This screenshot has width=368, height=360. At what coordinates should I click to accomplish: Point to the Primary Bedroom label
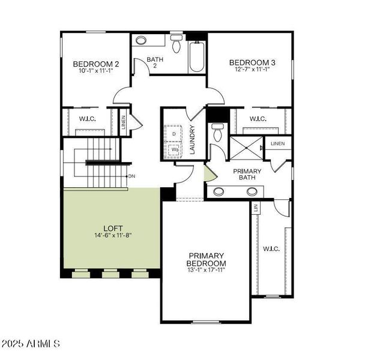point(206,260)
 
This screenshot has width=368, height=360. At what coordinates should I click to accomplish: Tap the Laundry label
point(193,140)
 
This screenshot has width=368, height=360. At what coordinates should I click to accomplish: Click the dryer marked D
point(174,133)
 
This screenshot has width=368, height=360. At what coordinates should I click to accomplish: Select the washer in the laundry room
point(174,149)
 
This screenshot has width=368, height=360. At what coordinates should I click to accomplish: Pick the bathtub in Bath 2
point(198,58)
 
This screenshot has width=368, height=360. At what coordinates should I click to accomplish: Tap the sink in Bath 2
point(141,41)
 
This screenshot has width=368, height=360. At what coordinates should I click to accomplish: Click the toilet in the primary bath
point(217,132)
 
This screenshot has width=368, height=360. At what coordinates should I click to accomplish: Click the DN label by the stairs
point(131,176)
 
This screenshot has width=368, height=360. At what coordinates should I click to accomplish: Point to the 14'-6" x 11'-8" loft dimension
point(112,235)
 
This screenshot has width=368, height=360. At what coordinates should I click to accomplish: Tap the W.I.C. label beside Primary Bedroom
point(271,248)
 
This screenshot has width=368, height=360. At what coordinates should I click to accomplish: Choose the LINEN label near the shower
point(277,144)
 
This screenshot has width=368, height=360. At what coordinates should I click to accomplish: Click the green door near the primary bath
point(208,175)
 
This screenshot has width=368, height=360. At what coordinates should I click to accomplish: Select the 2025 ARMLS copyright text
point(31,344)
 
